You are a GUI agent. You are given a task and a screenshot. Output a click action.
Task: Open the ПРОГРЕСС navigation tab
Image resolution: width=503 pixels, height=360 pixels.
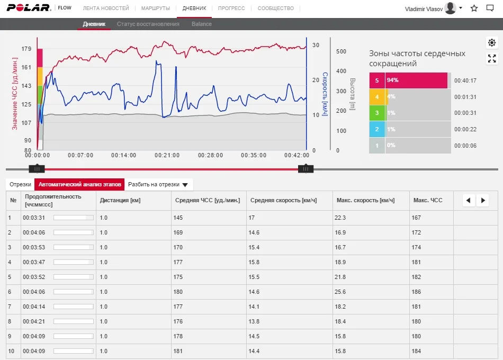(x=231, y=8)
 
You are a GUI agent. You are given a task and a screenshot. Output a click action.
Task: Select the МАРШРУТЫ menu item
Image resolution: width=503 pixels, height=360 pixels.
(x=156, y=8)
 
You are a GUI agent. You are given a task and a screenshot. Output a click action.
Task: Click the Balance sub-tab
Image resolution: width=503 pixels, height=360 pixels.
(x=201, y=24)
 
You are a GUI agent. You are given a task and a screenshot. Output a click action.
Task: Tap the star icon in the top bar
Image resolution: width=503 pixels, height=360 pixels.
(x=474, y=8)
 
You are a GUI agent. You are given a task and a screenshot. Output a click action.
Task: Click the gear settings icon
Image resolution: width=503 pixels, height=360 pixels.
(x=492, y=43)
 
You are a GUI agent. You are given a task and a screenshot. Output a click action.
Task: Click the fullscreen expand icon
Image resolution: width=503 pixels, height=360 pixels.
(x=492, y=58)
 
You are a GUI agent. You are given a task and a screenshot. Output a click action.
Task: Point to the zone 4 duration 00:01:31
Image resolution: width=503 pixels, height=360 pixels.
(x=465, y=97)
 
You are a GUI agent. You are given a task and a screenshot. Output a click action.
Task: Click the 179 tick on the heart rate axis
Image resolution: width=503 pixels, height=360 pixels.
(x=26, y=49)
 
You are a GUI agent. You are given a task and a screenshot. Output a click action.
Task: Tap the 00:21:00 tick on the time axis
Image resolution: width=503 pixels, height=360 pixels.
(x=167, y=156)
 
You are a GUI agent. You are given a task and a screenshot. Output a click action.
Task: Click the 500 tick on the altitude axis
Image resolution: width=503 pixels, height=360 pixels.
(x=341, y=51)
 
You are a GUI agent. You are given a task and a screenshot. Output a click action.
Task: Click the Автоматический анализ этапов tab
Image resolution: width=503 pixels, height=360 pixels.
(x=79, y=185)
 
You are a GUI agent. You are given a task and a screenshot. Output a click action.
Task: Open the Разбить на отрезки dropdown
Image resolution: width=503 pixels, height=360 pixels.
(x=158, y=185)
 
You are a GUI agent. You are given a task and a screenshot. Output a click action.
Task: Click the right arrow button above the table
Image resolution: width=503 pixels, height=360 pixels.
(x=482, y=200)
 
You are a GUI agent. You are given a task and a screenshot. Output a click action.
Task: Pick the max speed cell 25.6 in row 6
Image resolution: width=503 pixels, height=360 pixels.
(x=340, y=292)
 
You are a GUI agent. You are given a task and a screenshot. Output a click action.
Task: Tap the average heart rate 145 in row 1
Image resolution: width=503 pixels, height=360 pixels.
(x=178, y=218)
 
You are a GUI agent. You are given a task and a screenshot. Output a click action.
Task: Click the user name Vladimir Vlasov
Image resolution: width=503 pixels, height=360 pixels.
(x=423, y=8)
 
